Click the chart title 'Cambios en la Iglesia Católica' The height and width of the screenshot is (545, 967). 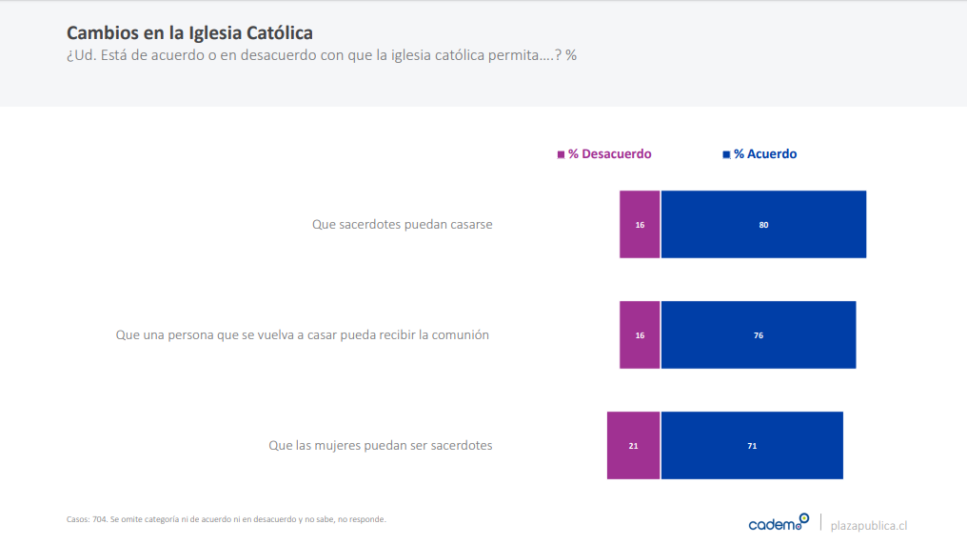(x=189, y=34)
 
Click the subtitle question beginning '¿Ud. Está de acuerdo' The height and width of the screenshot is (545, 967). (x=322, y=55)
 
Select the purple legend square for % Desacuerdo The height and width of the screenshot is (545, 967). (x=561, y=154)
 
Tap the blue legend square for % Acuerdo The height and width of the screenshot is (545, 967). (x=726, y=154)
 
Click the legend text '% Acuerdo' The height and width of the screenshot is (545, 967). (x=765, y=154)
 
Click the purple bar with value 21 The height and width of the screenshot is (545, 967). (x=633, y=445)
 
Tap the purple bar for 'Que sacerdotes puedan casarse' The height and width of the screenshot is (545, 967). (x=640, y=225)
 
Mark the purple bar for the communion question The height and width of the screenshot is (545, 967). (x=640, y=335)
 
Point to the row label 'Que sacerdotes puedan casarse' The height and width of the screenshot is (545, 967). (x=403, y=225)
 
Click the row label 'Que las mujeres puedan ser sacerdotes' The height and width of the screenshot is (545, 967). (x=381, y=445)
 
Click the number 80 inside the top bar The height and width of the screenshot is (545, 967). (x=763, y=225)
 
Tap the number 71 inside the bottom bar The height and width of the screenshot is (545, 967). (x=752, y=446)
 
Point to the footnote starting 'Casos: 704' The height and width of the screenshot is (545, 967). (x=227, y=519)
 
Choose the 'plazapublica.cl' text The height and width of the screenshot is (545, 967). (x=869, y=525)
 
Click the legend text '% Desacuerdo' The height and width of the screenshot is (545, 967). (x=609, y=154)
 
